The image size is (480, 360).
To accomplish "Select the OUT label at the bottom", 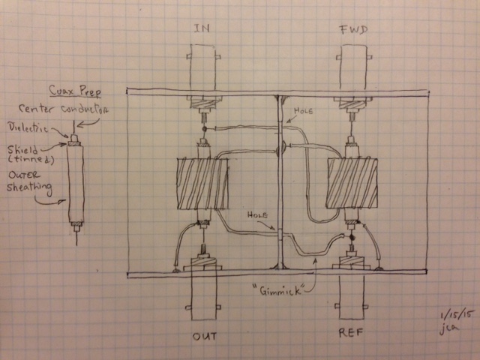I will pos(203,336).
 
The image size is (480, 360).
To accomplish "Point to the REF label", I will pos(352,336).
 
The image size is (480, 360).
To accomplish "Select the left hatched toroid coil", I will pos(202,184).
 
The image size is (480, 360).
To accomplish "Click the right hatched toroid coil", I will pos(352,184).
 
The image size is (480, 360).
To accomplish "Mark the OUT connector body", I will pos(203,300).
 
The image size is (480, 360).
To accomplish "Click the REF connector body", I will pos(352,300).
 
